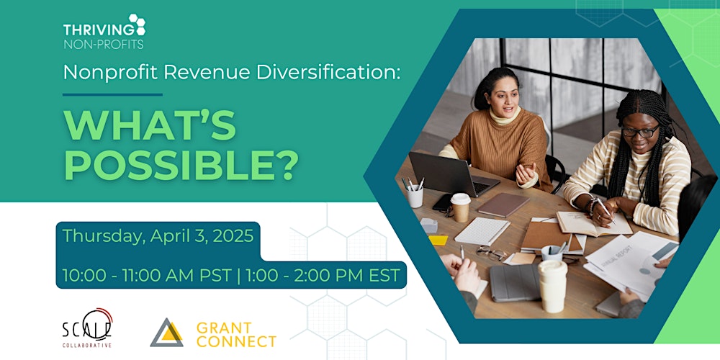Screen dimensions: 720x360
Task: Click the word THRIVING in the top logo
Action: click(98, 30)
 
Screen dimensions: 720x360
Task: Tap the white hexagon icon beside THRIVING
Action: click(138, 24)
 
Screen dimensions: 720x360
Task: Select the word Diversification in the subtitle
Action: click(328, 72)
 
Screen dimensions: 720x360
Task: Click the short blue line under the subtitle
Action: click(112, 94)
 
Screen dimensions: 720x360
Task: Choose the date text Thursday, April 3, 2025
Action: click(158, 236)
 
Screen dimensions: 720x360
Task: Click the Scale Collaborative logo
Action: click(87, 328)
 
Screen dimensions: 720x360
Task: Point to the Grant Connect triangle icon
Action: click(166, 333)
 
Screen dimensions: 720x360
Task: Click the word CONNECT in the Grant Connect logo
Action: click(236, 341)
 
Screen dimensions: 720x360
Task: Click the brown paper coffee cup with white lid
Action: click(460, 207)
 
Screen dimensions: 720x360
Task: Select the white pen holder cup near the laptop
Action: click(415, 197)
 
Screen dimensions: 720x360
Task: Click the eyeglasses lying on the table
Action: click(491, 253)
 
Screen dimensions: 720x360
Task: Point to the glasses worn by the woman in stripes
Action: click(640, 131)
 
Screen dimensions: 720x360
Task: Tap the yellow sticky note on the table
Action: click(438, 240)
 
